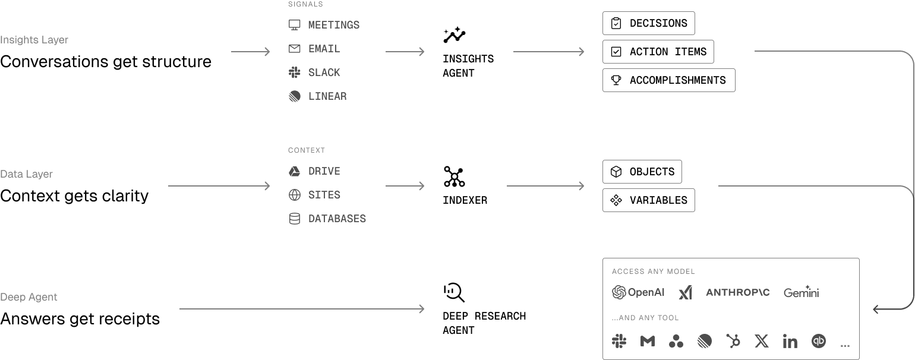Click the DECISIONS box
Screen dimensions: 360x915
click(x=648, y=23)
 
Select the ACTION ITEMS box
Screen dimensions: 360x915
click(x=658, y=52)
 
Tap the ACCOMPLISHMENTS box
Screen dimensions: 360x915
click(x=668, y=80)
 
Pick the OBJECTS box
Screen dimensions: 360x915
click(x=642, y=172)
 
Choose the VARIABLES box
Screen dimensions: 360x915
click(x=648, y=200)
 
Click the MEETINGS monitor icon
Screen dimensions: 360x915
click(x=294, y=25)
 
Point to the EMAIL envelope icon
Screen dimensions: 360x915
click(x=294, y=49)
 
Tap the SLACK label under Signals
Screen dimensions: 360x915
click(x=324, y=72)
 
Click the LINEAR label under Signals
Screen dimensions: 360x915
click(x=327, y=96)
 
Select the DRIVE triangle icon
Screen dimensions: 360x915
click(x=294, y=171)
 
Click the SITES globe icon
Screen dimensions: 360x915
click(x=294, y=195)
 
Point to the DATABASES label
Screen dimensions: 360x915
click(x=337, y=219)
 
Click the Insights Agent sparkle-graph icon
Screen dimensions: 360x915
click(x=454, y=35)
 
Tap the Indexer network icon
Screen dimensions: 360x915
click(x=454, y=176)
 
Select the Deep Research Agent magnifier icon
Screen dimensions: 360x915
click(x=454, y=292)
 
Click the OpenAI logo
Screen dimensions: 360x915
click(x=638, y=292)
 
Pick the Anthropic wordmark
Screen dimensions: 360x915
click(x=737, y=292)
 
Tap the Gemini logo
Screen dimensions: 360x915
click(x=801, y=292)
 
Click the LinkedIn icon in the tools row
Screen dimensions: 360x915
click(x=790, y=341)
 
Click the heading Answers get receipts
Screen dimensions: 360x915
click(x=80, y=319)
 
